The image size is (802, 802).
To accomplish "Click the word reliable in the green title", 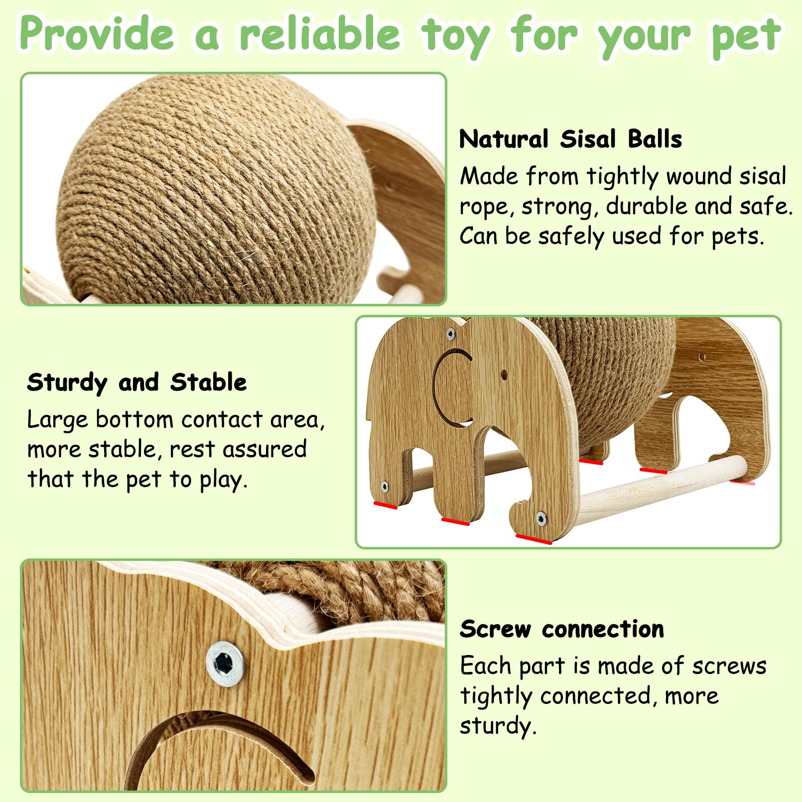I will [x=319, y=34].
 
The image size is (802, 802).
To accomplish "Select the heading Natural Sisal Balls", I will [x=570, y=139].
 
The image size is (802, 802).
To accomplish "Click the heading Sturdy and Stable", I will [x=137, y=383].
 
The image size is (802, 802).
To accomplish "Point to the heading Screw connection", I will [x=562, y=629].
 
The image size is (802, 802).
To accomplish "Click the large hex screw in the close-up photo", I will [x=225, y=664].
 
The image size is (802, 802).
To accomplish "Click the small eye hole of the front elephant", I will [x=504, y=374].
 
